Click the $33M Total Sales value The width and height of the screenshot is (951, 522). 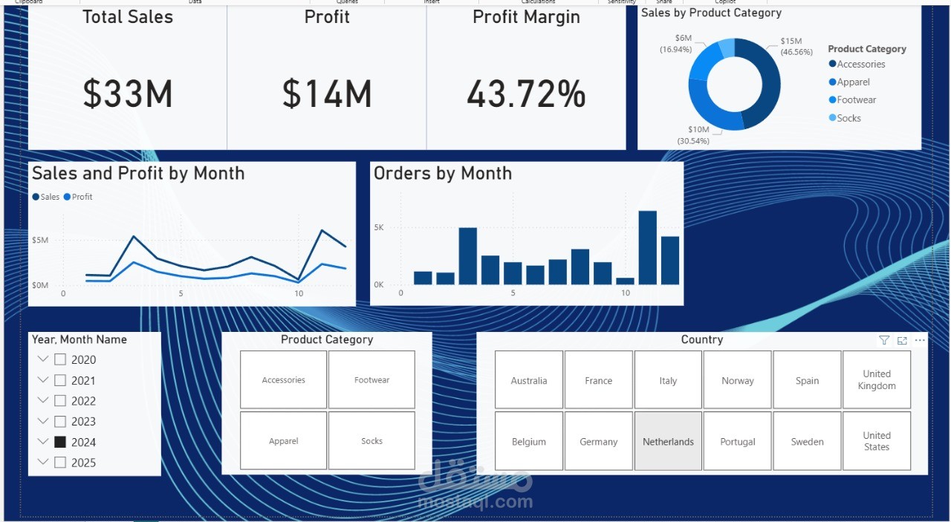pos(128,94)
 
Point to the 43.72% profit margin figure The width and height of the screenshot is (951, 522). pos(526,94)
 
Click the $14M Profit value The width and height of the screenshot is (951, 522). pos(327,94)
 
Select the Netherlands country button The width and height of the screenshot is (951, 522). pos(668,441)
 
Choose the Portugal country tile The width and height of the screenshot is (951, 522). pos(737,441)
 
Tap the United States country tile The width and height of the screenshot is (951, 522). pos(877,441)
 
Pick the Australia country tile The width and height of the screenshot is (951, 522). pos(529,380)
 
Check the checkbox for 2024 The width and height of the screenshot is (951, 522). pos(60,442)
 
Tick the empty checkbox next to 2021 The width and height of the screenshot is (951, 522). pos(60,380)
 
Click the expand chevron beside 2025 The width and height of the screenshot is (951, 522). pos(42,463)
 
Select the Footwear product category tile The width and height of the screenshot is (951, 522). pos(371,379)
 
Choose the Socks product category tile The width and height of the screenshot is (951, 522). pos(371,441)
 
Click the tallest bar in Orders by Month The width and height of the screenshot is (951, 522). pos(647,247)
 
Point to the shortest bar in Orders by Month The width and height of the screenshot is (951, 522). pos(625,281)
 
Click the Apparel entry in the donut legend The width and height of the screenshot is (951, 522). pos(853,82)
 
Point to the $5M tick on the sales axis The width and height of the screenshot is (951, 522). pos(40,240)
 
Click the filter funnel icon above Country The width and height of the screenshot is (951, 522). pos(884,340)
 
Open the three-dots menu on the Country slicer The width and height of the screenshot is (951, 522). pos(921,340)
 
